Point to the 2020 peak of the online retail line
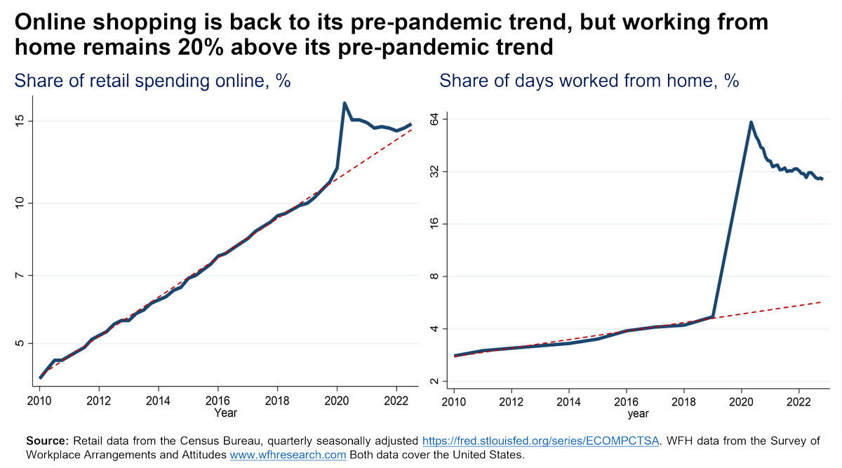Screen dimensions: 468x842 (x=344, y=103)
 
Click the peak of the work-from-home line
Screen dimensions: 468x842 (x=751, y=122)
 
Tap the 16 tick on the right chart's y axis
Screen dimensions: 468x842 (x=432, y=224)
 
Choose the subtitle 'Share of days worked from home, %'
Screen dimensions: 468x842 (x=589, y=81)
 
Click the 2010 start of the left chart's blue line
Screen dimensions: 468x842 (x=40, y=377)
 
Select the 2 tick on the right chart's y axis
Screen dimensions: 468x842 (x=432, y=381)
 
